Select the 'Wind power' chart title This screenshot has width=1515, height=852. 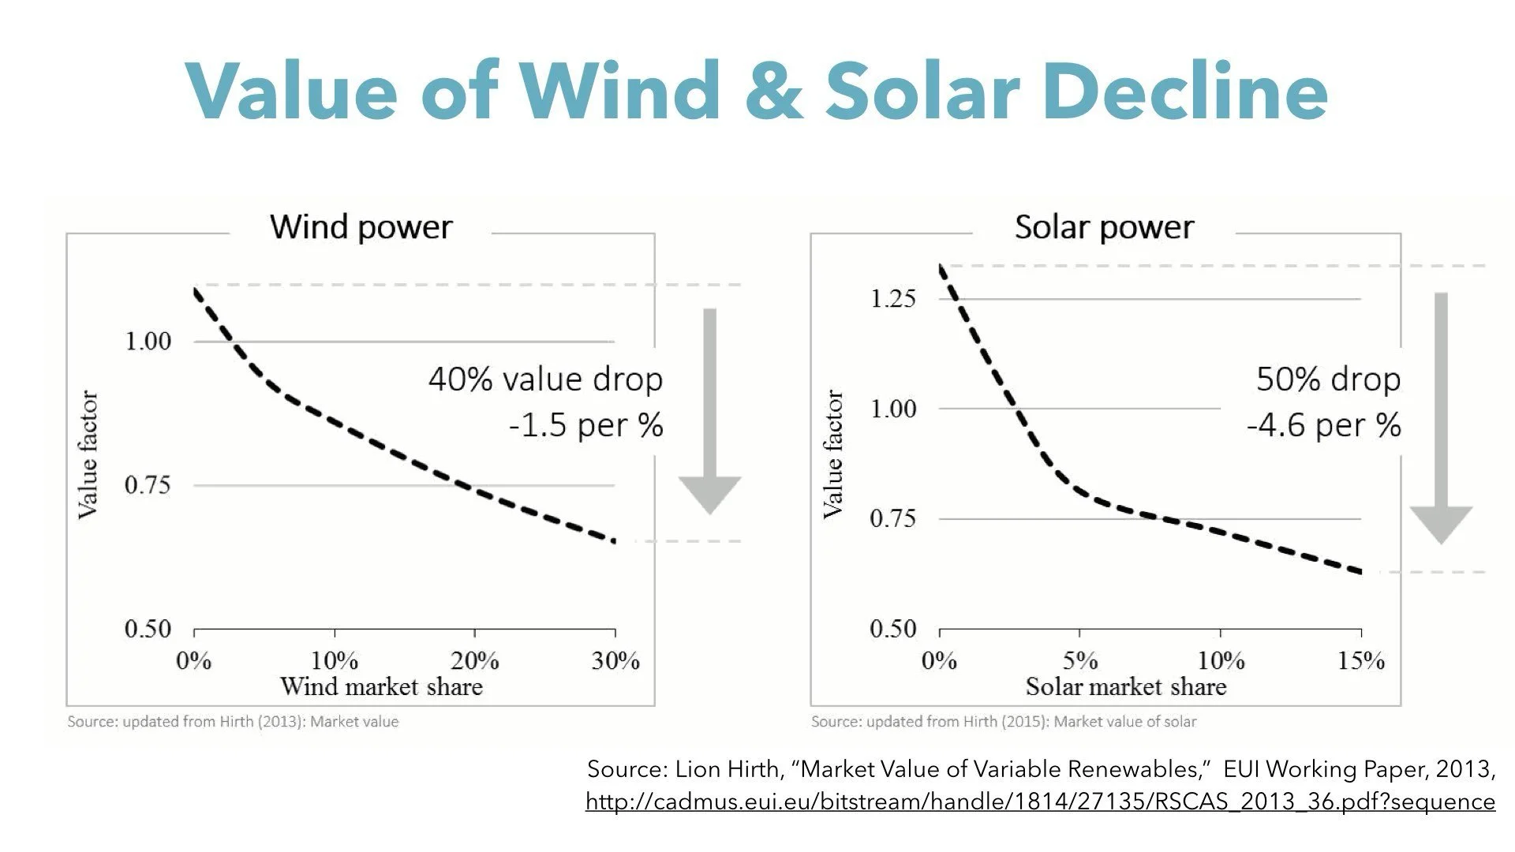(361, 227)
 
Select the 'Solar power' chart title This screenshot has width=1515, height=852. (1104, 227)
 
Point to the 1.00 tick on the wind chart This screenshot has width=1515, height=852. (148, 342)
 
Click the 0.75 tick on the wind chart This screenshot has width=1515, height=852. (148, 485)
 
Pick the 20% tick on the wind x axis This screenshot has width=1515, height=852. (474, 660)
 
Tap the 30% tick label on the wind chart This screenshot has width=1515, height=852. (615, 660)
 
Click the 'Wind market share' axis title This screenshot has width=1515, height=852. (381, 686)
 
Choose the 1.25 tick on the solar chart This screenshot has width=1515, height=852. (893, 299)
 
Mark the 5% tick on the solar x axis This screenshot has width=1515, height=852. (1079, 660)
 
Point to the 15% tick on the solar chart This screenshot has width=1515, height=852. (1361, 660)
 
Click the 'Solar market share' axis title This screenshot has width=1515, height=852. (1126, 686)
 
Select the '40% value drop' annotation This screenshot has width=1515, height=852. (545, 379)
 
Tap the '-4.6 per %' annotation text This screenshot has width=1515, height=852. (1323, 425)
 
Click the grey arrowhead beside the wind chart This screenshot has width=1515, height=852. (709, 494)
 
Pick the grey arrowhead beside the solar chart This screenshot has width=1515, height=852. (1441, 523)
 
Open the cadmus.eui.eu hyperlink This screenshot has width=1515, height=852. (1040, 802)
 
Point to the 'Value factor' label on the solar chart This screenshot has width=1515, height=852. (833, 454)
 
